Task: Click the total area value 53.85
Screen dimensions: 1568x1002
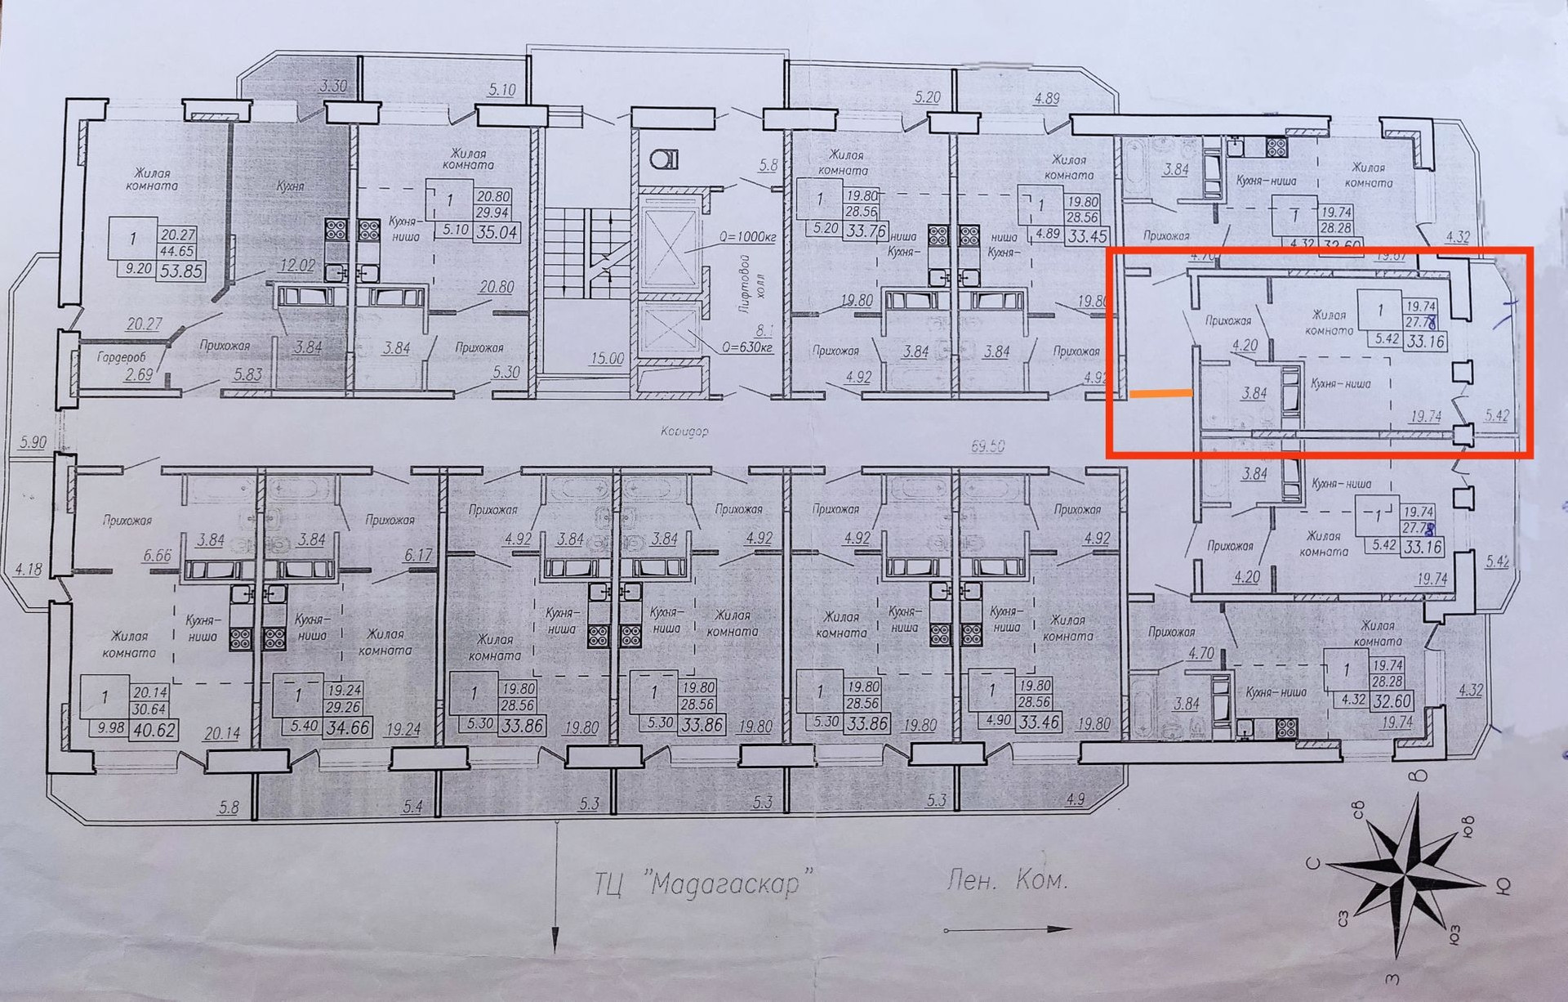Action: click(x=181, y=271)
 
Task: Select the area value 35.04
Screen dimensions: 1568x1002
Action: click(x=497, y=232)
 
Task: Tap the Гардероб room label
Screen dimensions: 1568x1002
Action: click(x=122, y=357)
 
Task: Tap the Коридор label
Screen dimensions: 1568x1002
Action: click(x=684, y=431)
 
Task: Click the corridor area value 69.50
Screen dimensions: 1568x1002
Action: click(x=987, y=446)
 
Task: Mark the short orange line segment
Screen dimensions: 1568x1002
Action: click(x=1160, y=394)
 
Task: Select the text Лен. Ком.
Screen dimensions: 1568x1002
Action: click(x=1007, y=880)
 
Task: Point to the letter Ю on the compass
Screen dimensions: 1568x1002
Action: click(x=1503, y=884)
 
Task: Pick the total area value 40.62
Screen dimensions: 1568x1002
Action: click(x=154, y=730)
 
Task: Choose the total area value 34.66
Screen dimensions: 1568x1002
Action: click(x=348, y=727)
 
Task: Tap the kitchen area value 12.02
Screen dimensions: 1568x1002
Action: click(x=296, y=265)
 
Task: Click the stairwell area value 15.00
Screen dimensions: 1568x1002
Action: click(x=607, y=358)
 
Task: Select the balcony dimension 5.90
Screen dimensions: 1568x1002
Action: click(x=33, y=442)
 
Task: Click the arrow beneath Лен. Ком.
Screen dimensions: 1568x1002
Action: click(x=1008, y=929)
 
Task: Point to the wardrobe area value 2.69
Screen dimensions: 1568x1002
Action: click(x=139, y=375)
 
